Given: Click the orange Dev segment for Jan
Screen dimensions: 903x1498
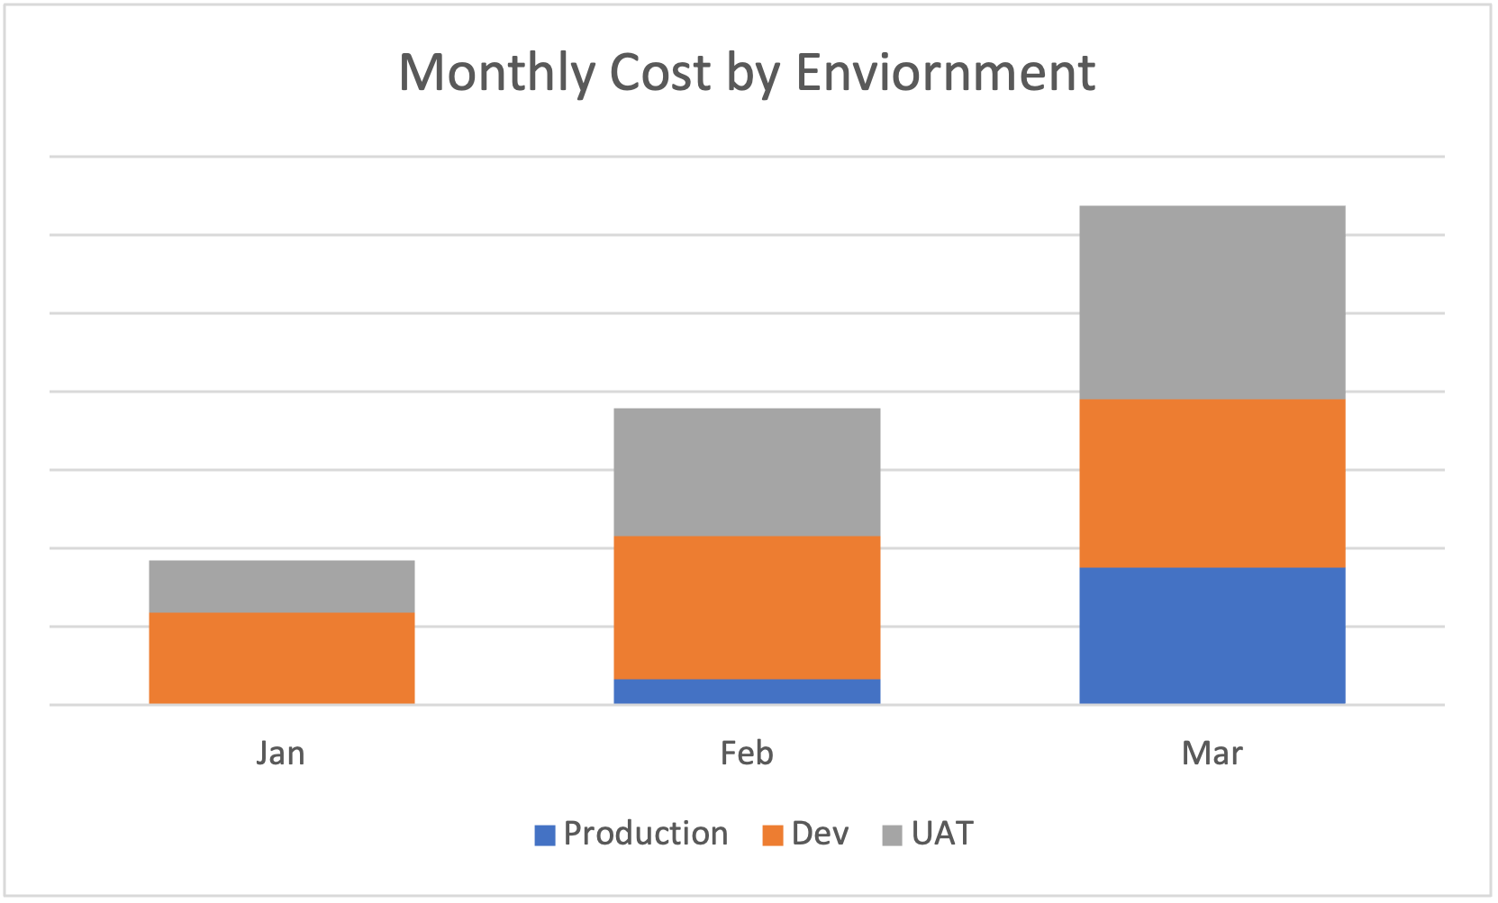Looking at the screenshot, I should click(x=281, y=657).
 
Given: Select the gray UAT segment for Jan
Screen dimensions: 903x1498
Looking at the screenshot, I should click(x=281, y=586).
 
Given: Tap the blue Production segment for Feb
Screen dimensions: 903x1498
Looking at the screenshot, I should click(x=747, y=691).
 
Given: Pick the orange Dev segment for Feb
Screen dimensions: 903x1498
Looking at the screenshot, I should click(x=747, y=607).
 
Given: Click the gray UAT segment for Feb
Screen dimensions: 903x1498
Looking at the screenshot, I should click(x=747, y=472).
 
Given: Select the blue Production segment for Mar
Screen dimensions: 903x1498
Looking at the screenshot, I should click(x=1212, y=635).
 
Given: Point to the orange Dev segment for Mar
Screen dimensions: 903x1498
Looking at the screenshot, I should click(x=1212, y=483).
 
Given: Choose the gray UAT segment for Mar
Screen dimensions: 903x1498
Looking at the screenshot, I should click(x=1212, y=302).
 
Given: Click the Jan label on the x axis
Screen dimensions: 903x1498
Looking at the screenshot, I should click(x=280, y=753).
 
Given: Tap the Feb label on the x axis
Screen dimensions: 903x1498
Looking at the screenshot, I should click(x=747, y=753).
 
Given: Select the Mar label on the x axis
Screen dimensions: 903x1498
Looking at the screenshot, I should click(x=1212, y=753).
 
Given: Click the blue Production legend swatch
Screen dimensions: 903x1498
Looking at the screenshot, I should click(x=545, y=835).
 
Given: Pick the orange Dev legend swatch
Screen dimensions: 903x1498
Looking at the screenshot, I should click(x=772, y=835).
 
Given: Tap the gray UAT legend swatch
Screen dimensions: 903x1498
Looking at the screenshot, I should click(x=892, y=835).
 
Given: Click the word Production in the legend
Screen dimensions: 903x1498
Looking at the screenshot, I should click(x=645, y=834).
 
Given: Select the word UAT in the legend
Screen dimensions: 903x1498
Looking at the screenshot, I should click(x=942, y=834).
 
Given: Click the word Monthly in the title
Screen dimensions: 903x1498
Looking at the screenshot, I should click(x=495, y=73).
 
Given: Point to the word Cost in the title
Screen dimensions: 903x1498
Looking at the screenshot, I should click(x=659, y=73).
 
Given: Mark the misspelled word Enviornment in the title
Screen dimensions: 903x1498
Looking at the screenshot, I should click(x=945, y=73).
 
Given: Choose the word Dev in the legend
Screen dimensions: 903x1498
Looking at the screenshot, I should click(x=820, y=834).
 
